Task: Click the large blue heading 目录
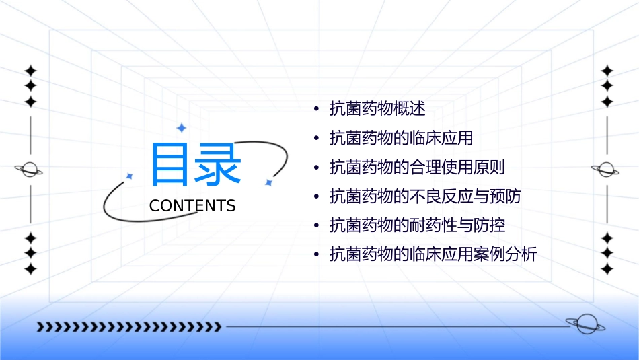196,165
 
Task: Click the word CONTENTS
192,206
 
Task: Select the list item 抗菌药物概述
377,108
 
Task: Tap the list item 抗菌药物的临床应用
401,138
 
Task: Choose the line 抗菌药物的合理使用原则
417,168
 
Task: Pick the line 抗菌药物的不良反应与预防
425,196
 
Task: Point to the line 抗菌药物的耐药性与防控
417,225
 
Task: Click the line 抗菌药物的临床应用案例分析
433,255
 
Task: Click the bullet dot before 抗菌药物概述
316,109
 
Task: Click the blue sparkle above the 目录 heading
180,128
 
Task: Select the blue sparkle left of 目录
130,176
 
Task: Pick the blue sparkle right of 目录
268,182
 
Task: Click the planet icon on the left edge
30,170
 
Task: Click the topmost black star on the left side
30,71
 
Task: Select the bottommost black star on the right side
607,269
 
